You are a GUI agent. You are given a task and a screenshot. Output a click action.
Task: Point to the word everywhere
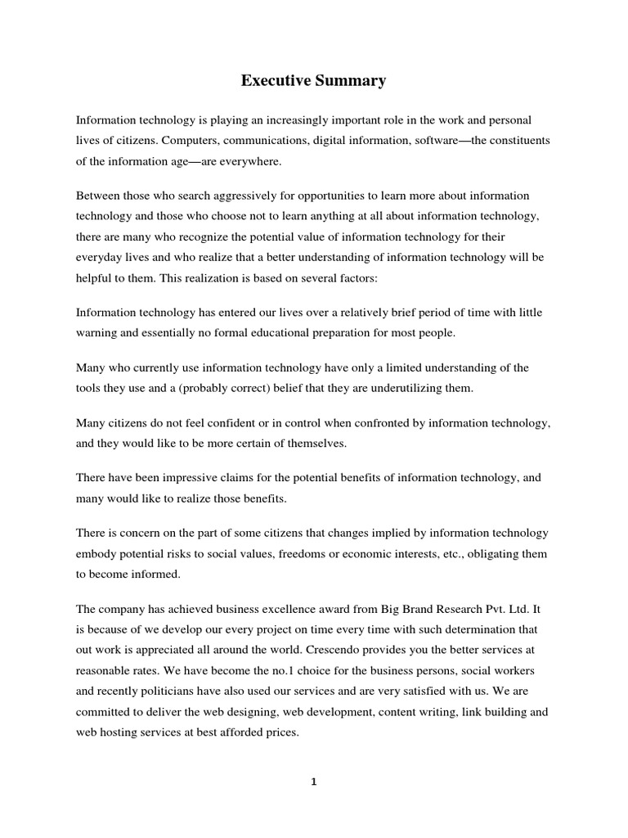[x=243, y=162]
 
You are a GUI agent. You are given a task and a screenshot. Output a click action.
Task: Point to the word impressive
[x=168, y=477]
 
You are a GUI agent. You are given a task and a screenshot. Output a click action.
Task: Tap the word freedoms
[x=305, y=553]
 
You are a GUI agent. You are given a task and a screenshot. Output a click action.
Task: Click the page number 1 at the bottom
[x=314, y=782]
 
